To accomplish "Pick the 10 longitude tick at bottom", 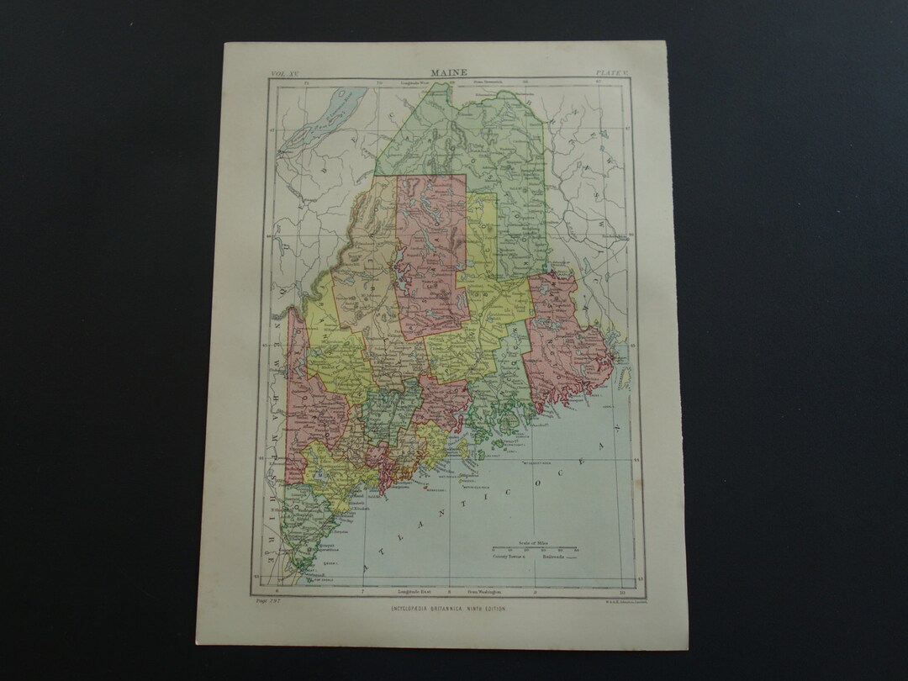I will tap(620, 592).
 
